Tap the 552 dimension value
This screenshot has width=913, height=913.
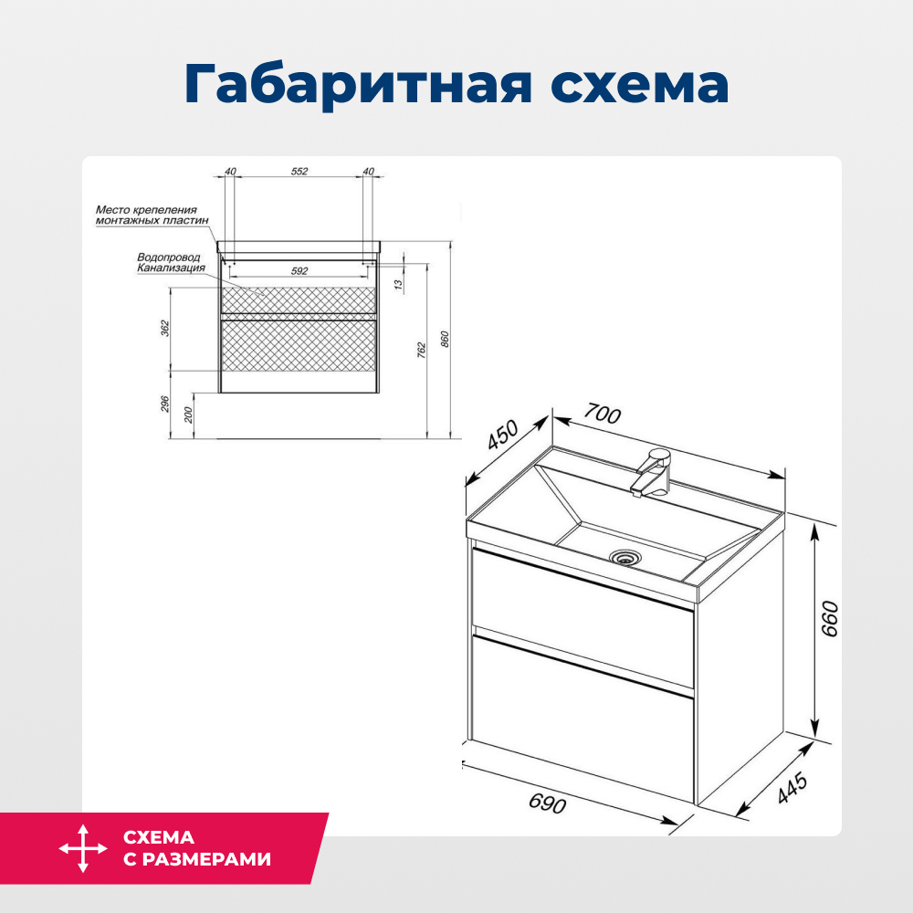coord(299,172)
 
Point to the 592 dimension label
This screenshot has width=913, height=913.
coord(299,271)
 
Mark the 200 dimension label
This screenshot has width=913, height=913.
coord(188,415)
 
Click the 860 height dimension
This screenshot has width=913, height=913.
coord(446,339)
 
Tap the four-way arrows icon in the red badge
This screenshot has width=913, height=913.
coord(83,848)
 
